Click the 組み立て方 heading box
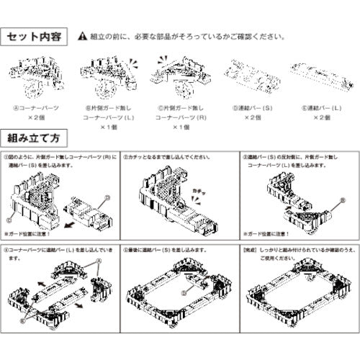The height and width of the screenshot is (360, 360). (x=38, y=136)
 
